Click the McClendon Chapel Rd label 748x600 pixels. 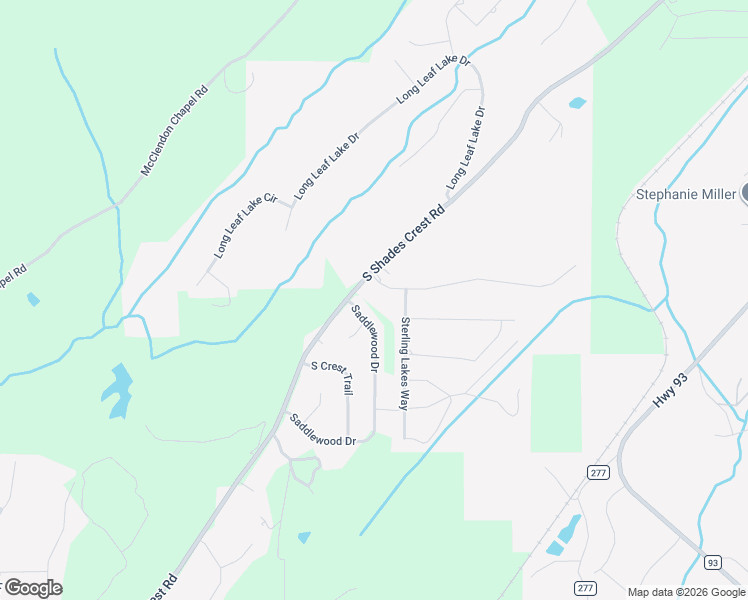point(174,131)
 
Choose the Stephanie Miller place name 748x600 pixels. point(686,194)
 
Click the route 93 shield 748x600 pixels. point(712,562)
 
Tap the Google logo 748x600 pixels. point(32,588)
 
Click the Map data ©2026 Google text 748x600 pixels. point(685,592)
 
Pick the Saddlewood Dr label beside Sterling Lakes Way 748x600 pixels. point(366,339)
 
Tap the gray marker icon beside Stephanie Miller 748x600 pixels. point(745,193)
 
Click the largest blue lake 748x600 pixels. point(118,391)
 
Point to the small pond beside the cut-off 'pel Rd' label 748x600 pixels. point(34,299)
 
